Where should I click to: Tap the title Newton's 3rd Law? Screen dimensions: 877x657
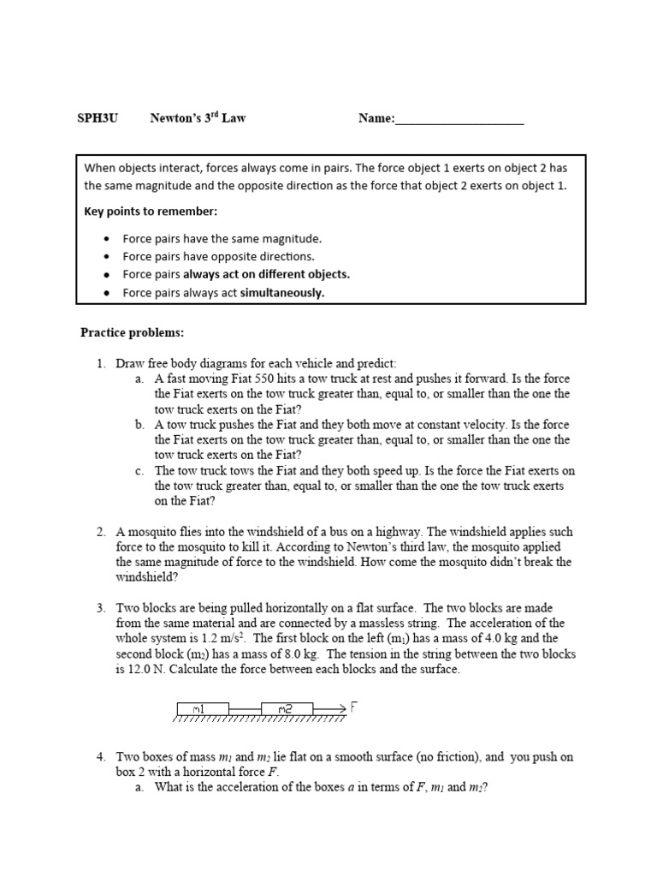pos(198,118)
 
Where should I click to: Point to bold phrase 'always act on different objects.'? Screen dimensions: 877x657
pos(267,275)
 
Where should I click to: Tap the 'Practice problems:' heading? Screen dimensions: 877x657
pos(132,331)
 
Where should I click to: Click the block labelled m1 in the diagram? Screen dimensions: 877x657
pos(202,707)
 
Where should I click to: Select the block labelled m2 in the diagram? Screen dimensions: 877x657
pos(287,707)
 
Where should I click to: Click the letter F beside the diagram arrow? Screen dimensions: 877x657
pos(352,707)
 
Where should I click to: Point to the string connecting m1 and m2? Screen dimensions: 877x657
pos(244,708)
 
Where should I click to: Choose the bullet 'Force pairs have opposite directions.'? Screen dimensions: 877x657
pos(218,257)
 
